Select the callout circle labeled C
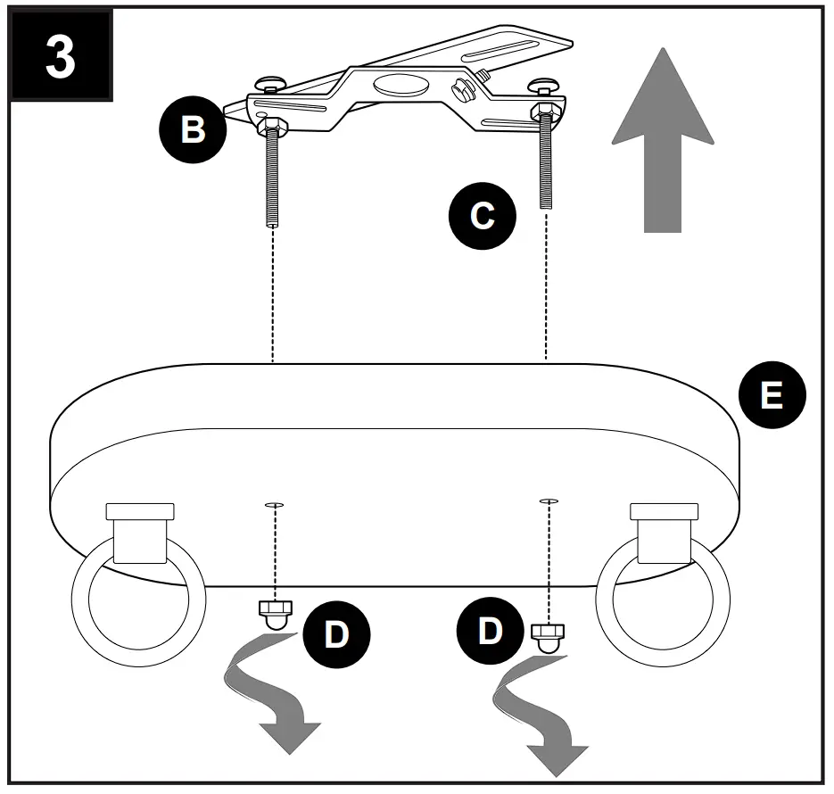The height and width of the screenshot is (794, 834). pyautogui.click(x=482, y=215)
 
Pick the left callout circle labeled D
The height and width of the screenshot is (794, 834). pyautogui.click(x=336, y=634)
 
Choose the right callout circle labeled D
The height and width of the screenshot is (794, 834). pyautogui.click(x=490, y=631)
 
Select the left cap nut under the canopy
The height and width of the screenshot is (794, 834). pyautogui.click(x=275, y=615)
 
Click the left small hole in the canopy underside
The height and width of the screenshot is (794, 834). pyautogui.click(x=274, y=505)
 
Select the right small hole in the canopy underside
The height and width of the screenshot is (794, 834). pyautogui.click(x=549, y=500)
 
